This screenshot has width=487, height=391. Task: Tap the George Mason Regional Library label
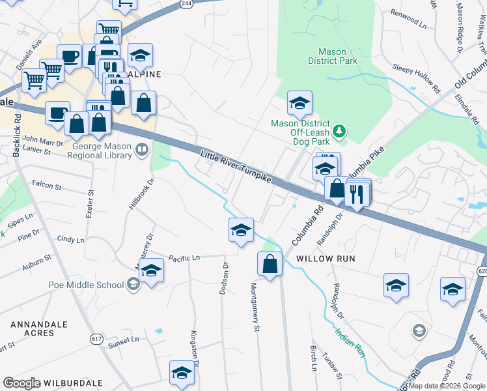95,151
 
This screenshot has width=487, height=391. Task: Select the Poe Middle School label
86,284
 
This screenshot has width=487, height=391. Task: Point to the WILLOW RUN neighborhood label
326,259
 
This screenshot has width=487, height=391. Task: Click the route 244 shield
187,4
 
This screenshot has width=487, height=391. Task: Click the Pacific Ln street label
184,258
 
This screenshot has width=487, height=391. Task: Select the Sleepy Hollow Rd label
416,76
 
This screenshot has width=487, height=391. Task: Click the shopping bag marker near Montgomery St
270,264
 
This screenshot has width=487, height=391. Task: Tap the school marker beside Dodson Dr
241,230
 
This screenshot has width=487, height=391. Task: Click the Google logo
21,383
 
